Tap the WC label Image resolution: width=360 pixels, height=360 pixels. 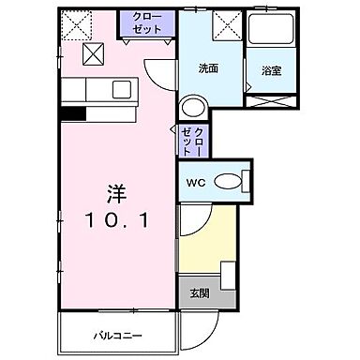click(x=196, y=183)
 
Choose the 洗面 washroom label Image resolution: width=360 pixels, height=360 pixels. click(x=208, y=68)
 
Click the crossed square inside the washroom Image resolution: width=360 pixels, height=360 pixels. click(x=226, y=24)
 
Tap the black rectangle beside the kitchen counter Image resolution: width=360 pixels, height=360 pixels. click(x=73, y=115)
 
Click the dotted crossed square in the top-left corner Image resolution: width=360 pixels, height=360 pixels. click(x=75, y=22)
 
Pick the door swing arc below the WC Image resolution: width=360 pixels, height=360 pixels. click(x=192, y=221)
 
